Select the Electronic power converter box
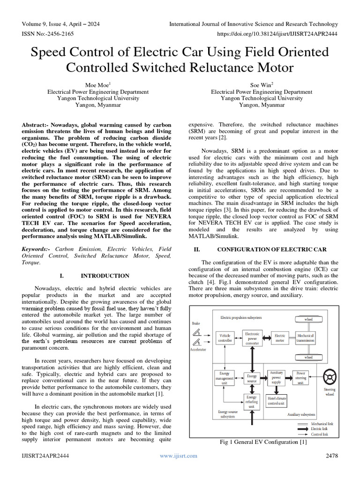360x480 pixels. (x=252, y=338)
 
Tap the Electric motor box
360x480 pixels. (x=280, y=338)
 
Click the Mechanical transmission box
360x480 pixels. (x=308, y=338)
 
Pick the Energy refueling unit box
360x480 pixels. (x=252, y=402)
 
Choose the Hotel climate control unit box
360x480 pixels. (x=277, y=401)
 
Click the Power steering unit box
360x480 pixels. (x=301, y=378)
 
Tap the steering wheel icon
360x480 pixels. (x=330, y=376)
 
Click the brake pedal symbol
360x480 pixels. (x=197, y=333)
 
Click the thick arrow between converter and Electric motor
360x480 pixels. (x=266, y=338)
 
